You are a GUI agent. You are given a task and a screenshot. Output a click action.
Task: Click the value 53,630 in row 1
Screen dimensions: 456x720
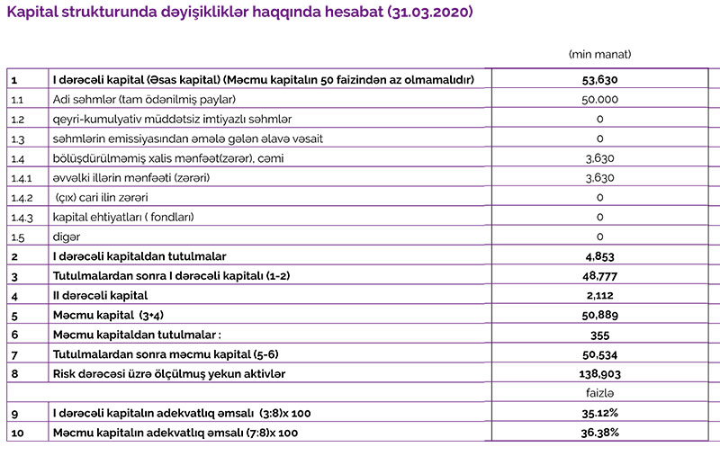point(599,79)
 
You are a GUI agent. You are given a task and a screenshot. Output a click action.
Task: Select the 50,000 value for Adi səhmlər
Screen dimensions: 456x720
point(599,99)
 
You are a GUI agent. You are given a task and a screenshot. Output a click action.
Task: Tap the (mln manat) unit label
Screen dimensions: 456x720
point(599,54)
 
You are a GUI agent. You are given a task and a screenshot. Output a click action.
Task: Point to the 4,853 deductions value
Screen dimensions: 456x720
point(599,256)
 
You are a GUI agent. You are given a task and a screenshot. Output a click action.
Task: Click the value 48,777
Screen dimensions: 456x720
point(599,276)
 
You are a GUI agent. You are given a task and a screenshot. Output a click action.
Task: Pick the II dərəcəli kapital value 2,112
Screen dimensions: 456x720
point(599,295)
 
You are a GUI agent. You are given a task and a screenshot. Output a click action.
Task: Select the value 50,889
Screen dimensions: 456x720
point(599,315)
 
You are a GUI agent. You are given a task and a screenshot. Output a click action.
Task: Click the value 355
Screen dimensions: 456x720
point(599,335)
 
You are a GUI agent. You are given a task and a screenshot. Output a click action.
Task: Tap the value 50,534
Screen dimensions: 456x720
point(599,354)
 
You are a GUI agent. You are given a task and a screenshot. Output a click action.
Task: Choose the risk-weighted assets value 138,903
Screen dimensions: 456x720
point(599,373)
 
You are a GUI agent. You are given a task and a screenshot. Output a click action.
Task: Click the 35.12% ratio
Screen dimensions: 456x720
point(599,413)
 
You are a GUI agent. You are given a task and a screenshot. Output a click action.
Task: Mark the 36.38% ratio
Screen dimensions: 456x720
point(599,433)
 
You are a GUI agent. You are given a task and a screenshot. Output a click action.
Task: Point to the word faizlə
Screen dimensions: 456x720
point(599,393)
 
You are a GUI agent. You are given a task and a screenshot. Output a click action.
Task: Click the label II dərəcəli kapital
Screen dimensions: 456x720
point(100,295)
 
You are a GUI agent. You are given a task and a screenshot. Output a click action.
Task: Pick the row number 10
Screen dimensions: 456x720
point(16,433)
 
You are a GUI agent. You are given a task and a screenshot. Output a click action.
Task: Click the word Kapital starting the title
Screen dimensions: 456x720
point(33,15)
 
